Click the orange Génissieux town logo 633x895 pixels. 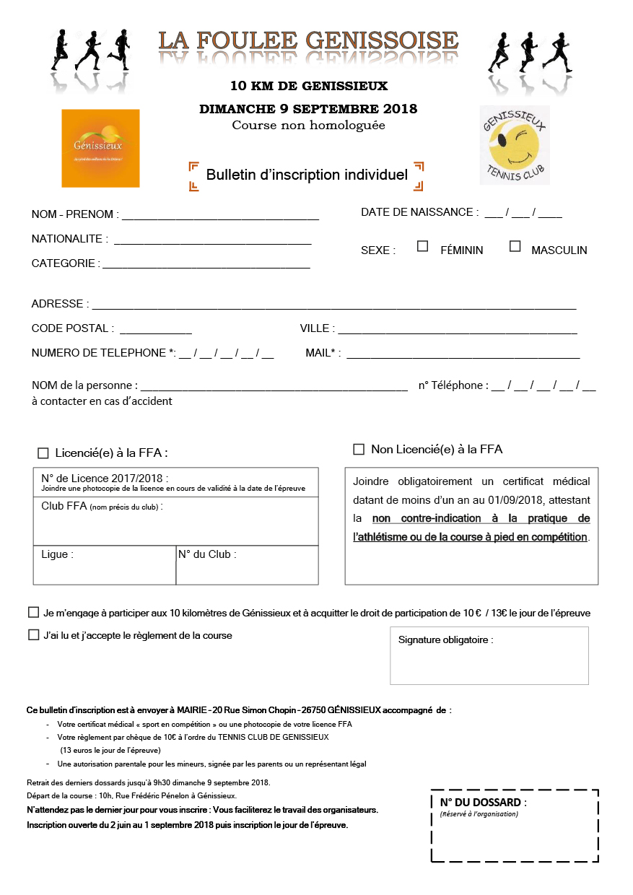click(x=100, y=149)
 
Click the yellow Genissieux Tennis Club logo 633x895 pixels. click(x=515, y=145)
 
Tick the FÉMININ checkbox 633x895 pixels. click(x=423, y=246)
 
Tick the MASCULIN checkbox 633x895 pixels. click(x=515, y=246)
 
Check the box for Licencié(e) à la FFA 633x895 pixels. click(x=43, y=453)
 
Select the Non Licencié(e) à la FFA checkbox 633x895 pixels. click(x=359, y=450)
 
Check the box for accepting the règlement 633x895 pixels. click(x=33, y=635)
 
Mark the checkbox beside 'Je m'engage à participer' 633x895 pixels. click(x=33, y=612)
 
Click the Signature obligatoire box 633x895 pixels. click(x=489, y=655)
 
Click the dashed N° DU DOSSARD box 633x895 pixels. click(x=514, y=825)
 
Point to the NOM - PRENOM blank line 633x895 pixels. click(x=219, y=215)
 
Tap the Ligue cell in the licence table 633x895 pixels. click(x=104, y=565)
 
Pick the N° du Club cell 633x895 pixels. click(x=247, y=565)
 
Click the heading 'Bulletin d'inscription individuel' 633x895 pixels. click(x=307, y=175)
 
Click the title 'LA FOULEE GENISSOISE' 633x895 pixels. click(x=308, y=40)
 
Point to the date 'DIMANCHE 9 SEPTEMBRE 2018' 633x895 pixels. click(x=308, y=109)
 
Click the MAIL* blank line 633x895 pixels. click(x=463, y=354)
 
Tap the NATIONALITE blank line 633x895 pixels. click(x=212, y=241)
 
